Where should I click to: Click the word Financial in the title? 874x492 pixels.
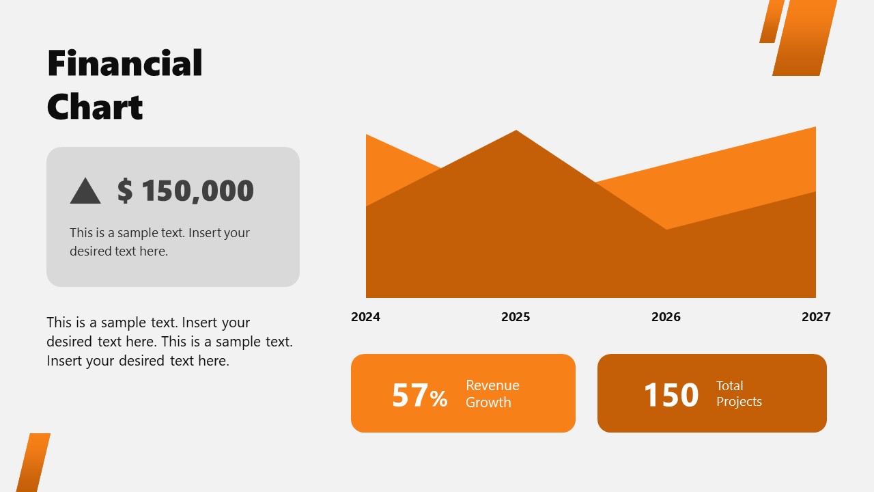tap(125, 64)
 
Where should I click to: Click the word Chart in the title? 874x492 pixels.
tap(95, 107)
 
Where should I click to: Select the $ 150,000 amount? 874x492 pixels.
tap(185, 191)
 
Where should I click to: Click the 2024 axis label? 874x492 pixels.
tap(365, 317)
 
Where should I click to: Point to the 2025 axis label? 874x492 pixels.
tap(516, 317)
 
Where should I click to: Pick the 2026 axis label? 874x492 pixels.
tap(666, 317)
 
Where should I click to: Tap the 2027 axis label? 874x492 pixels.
tap(816, 317)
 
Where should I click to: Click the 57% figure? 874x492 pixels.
tap(419, 396)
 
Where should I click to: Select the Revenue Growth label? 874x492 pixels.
tap(492, 394)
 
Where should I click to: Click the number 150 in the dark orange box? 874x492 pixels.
tap(671, 395)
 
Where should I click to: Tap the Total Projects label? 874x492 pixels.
tap(739, 394)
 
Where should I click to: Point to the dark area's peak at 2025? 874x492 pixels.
tap(516, 133)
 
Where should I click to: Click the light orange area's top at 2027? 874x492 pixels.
tap(814, 130)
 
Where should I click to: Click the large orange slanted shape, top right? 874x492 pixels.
tap(804, 38)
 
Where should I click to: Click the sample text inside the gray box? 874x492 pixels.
tap(160, 242)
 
